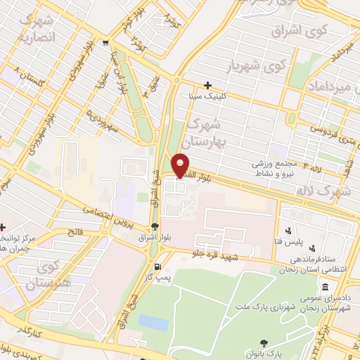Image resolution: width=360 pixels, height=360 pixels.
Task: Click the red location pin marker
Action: tap(181, 165)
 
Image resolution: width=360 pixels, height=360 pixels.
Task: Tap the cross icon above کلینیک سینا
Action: tap(207, 84)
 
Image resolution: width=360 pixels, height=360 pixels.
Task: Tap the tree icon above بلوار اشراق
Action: tap(154, 226)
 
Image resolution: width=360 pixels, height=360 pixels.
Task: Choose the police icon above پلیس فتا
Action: tap(288, 230)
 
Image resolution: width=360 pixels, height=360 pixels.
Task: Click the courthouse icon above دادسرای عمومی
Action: tap(325, 288)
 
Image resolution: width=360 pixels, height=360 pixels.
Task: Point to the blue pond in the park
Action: tap(153, 323)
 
